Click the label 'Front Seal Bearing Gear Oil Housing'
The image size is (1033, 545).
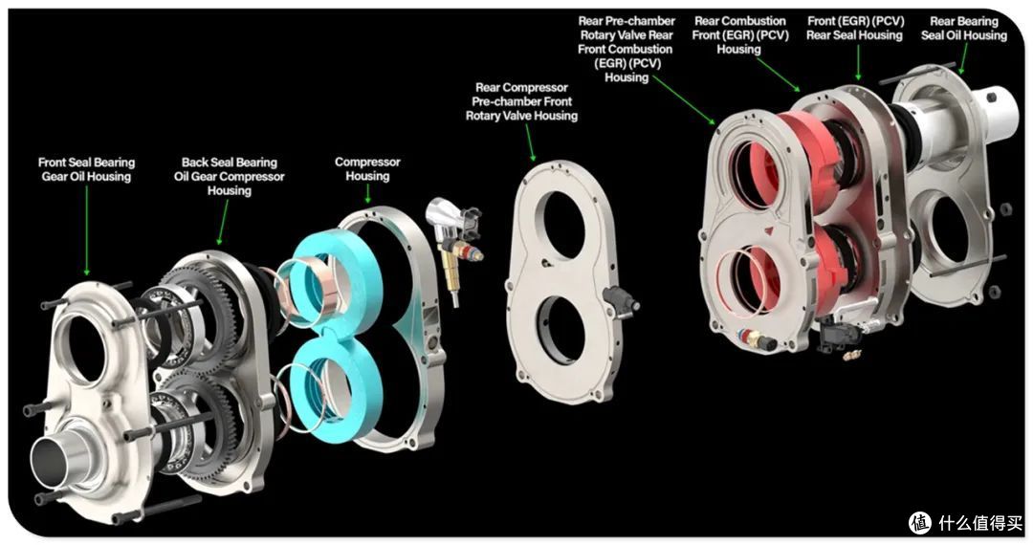coord(86,169)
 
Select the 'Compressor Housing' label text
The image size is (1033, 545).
coord(367,168)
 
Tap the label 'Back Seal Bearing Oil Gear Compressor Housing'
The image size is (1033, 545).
coord(230,176)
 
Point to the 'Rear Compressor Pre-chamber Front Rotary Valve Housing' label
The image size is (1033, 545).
coord(522,101)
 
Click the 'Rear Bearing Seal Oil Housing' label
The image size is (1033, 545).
coord(964,29)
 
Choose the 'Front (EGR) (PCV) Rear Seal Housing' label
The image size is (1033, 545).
coord(854,29)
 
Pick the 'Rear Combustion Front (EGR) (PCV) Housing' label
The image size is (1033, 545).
coord(739,34)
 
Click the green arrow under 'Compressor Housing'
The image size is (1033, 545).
coord(367,194)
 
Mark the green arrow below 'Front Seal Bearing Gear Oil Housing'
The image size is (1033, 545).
coord(86,230)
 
